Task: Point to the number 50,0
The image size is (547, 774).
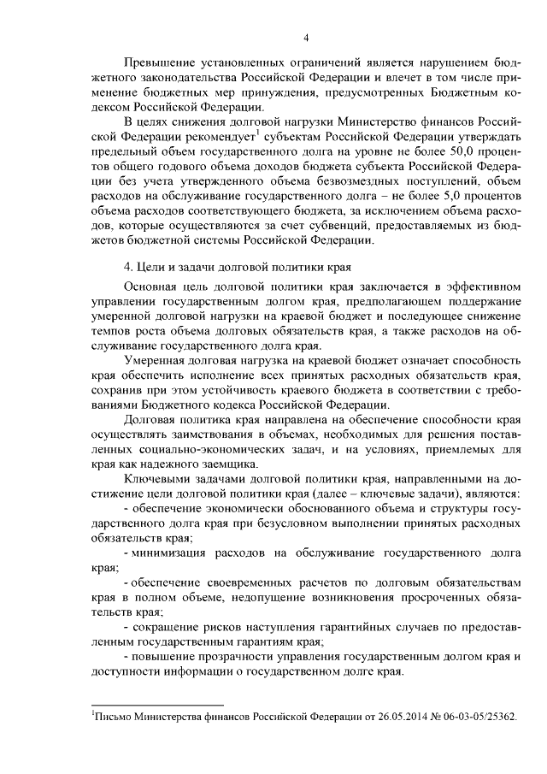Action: point(453,152)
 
